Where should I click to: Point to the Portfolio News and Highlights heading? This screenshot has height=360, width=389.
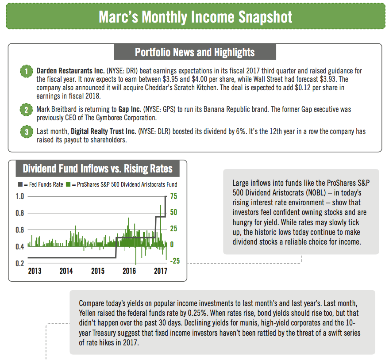coord(195,52)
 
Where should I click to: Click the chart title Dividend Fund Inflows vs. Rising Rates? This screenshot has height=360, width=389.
coord(97,169)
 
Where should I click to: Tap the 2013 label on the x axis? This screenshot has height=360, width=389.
coord(35,271)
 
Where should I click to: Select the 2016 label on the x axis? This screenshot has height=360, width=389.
coord(129,271)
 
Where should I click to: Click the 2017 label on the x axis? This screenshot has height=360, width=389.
coord(160,271)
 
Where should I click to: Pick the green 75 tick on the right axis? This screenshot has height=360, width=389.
coord(174,196)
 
